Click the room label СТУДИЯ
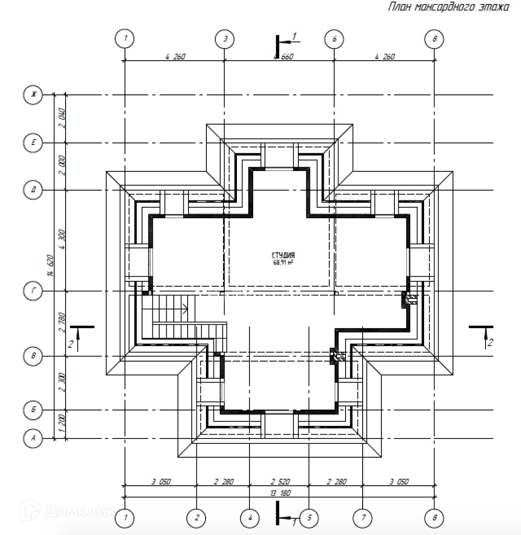[x=283, y=255]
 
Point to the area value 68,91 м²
[x=283, y=262]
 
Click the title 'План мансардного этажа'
[x=449, y=7]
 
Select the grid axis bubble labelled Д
[x=33, y=190]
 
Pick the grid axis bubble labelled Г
[x=33, y=291]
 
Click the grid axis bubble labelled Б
[x=33, y=410]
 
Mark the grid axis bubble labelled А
[x=33, y=438]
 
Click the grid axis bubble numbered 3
[x=225, y=39]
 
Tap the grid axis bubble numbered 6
[x=334, y=39]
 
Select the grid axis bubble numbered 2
[x=196, y=518]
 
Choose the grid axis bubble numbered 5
[x=309, y=518]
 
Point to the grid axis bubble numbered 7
[x=363, y=518]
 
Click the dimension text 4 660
[x=284, y=56]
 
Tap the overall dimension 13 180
[x=280, y=493]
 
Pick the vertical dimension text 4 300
[x=63, y=239]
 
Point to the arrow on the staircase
[x=184, y=309]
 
